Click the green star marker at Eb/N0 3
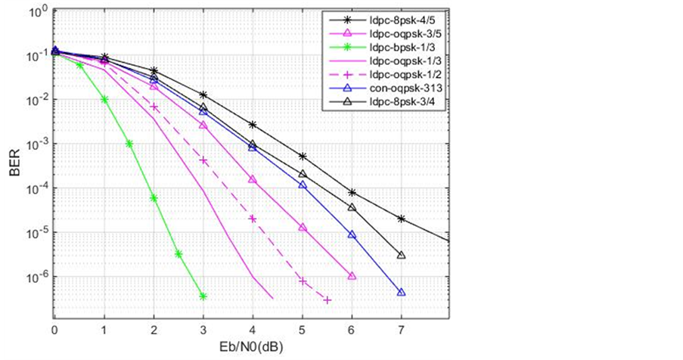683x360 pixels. (x=203, y=296)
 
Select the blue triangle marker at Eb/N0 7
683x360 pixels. (x=401, y=292)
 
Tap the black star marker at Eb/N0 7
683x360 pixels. (x=401, y=219)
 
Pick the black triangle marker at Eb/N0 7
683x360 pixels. (x=401, y=255)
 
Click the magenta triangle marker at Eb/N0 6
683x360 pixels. (x=352, y=276)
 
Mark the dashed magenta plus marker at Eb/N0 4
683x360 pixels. (x=253, y=219)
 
